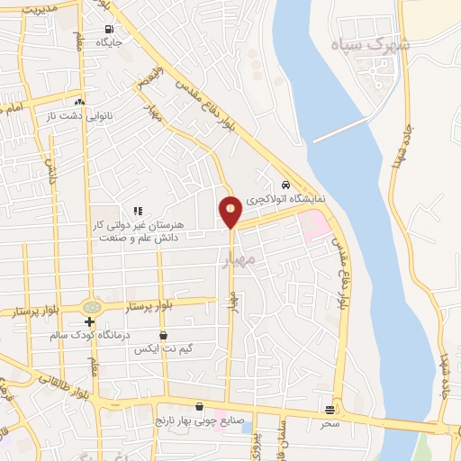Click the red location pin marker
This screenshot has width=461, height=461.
click(230, 210)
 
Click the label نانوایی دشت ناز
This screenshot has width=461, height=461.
click(105, 116)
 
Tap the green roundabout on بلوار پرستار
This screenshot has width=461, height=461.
click(90, 306)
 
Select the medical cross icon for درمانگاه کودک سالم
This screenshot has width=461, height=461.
click(89, 321)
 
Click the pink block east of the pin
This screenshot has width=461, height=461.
click(315, 225)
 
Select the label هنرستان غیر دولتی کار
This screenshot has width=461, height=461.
click(131, 224)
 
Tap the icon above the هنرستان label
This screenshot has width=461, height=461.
click(138, 211)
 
